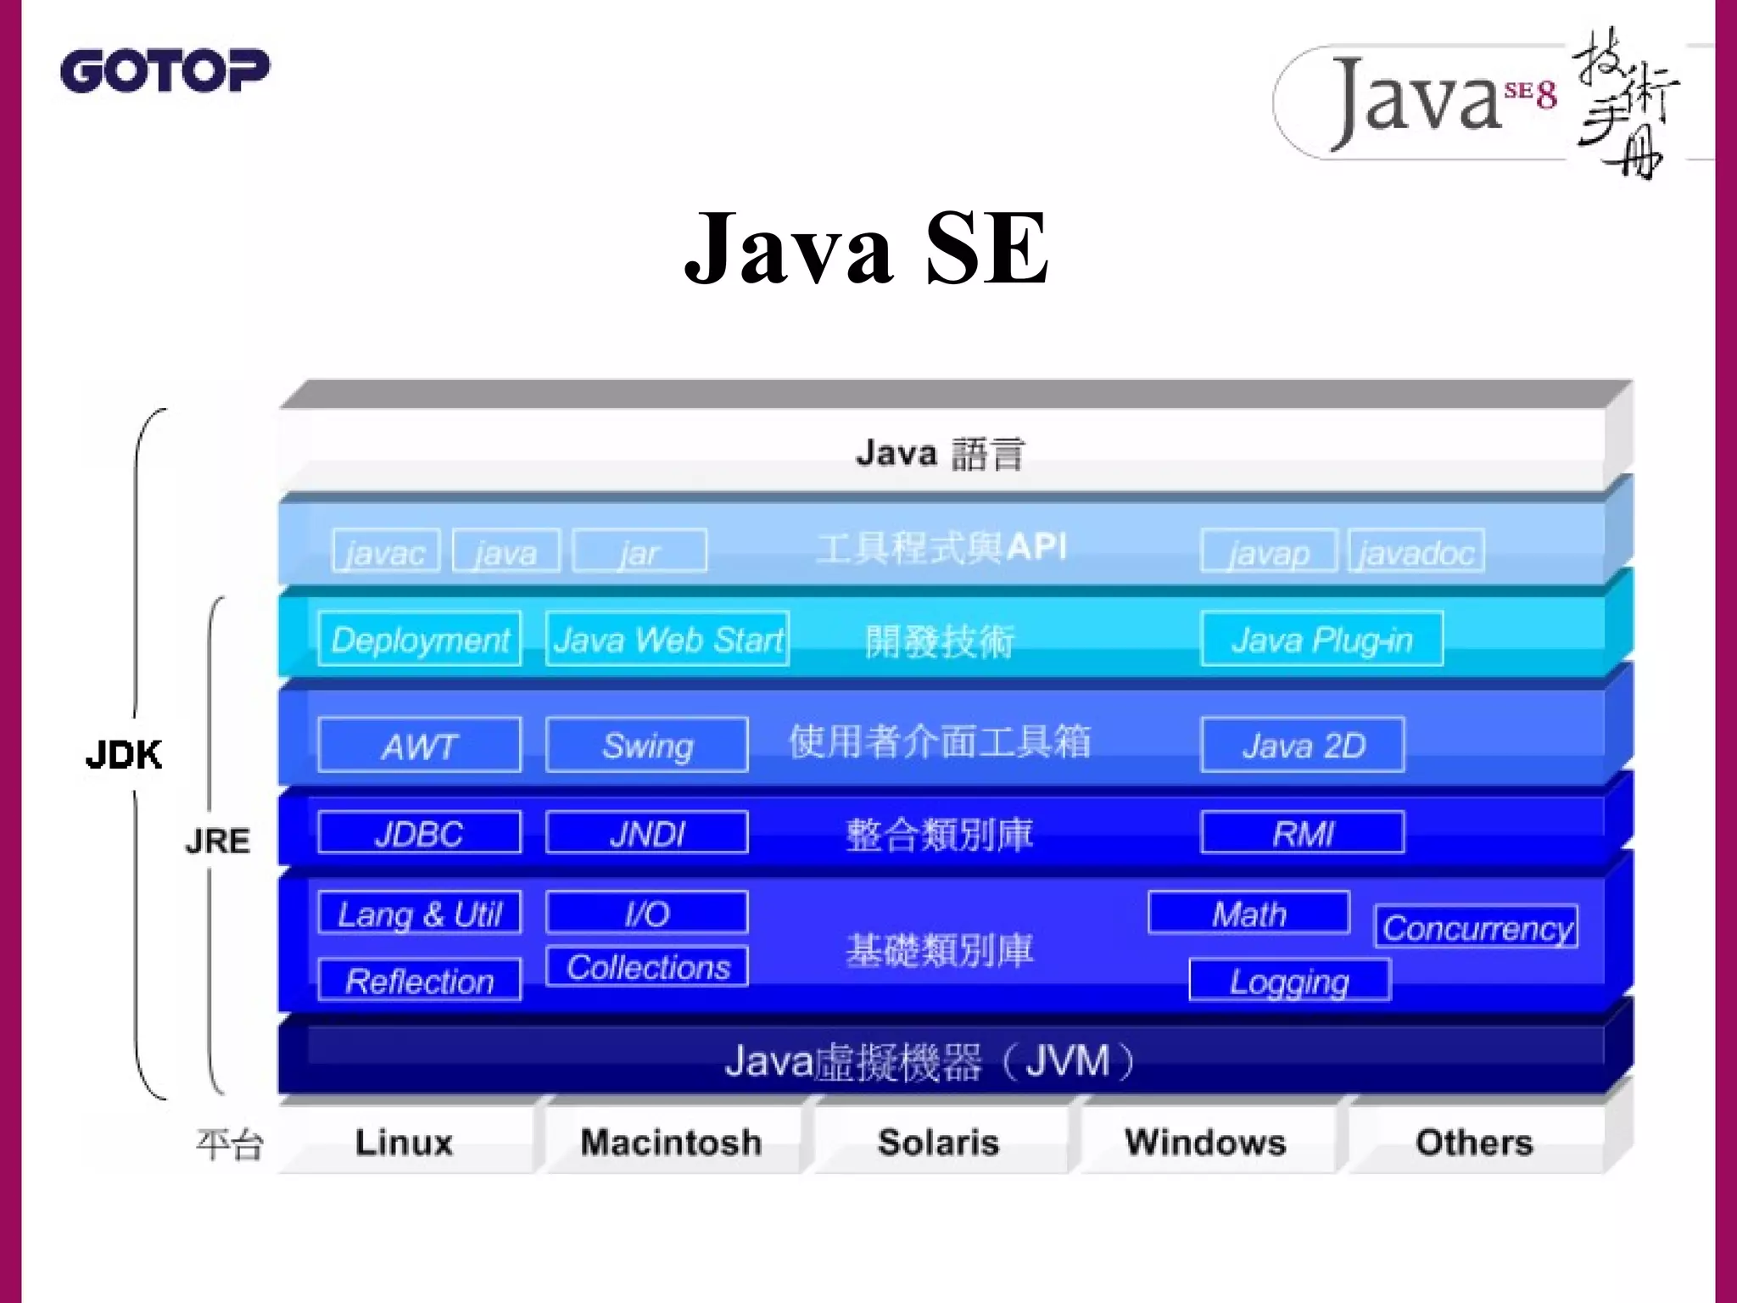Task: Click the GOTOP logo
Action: tap(165, 70)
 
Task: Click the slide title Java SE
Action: tap(867, 248)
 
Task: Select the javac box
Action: tap(386, 551)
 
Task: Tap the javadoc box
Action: tap(1416, 551)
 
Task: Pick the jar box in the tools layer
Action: tap(640, 551)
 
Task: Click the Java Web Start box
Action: tap(667, 639)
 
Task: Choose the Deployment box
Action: tap(420, 639)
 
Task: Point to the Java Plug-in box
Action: tap(1321, 639)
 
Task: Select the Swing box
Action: tap(647, 745)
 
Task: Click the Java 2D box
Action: tap(1303, 745)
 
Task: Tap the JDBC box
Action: tap(420, 832)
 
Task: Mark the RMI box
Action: tap(1303, 832)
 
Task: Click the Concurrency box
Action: tap(1477, 927)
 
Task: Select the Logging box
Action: tap(1289, 981)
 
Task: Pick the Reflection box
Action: tap(420, 981)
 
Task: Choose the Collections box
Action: tap(647, 967)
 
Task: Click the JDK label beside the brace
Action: tap(124, 754)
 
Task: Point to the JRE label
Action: tap(218, 841)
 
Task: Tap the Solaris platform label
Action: tap(938, 1142)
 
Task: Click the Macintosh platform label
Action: tap(671, 1142)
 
